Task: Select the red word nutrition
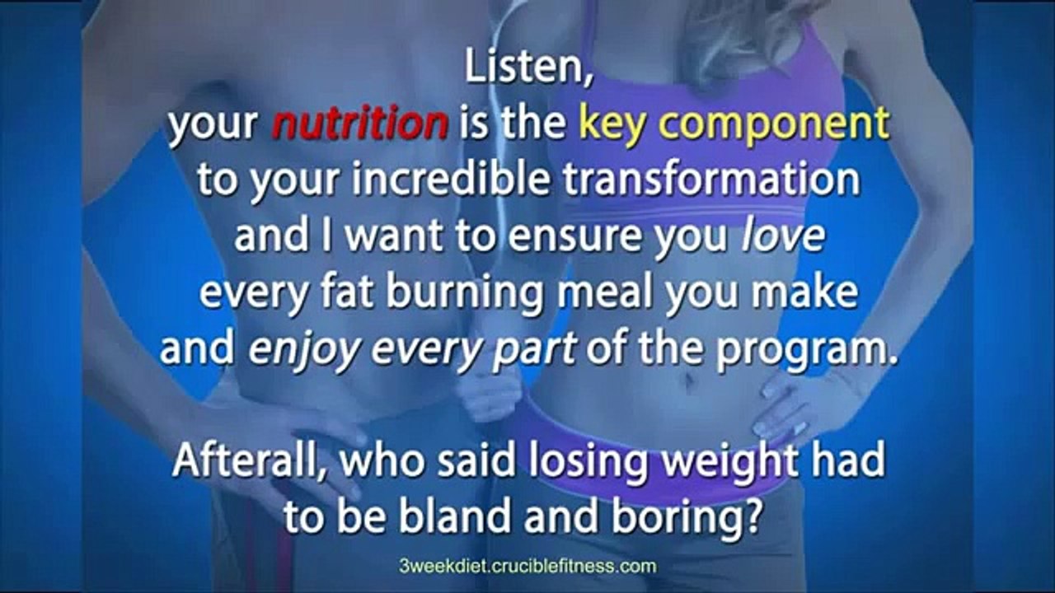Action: click(359, 124)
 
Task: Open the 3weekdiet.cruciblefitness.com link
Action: click(527, 567)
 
